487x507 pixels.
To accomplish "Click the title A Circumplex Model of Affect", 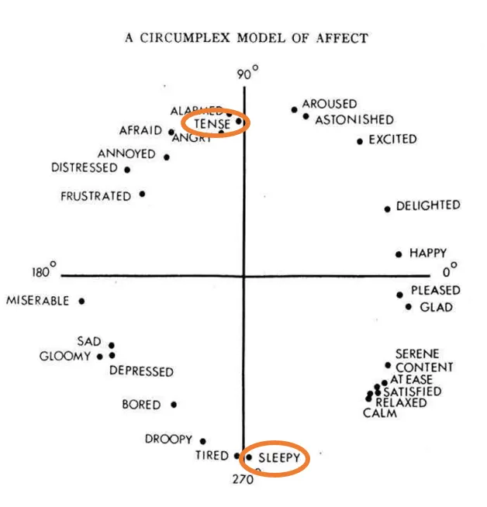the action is (246, 37).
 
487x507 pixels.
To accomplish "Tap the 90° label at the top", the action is (247, 74).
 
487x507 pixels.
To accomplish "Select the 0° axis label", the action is (450, 271).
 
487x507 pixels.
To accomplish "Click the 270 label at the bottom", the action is (243, 480).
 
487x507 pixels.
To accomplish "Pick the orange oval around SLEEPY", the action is (275, 458).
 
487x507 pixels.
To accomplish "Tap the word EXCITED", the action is (392, 140).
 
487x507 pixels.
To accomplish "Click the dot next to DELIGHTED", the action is (388, 209).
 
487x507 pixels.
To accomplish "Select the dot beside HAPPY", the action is (399, 254).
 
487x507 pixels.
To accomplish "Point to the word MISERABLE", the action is (38, 301).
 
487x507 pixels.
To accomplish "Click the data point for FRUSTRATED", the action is (142, 194).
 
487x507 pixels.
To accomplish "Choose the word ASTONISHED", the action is (354, 120).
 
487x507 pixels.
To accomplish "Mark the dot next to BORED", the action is (174, 404).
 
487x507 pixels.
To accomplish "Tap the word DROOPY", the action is (168, 440).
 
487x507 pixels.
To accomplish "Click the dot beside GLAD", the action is (409, 307).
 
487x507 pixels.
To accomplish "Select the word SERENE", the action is (417, 354).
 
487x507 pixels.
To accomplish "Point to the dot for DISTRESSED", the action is (127, 169).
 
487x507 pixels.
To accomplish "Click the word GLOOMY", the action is (65, 357).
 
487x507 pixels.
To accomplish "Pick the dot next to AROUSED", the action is (294, 109).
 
